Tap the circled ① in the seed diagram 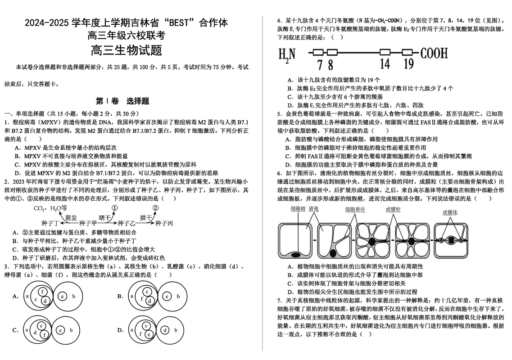click(114, 208)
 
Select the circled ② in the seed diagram click(155, 208)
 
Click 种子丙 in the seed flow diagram click(164, 223)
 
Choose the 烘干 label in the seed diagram click(145, 217)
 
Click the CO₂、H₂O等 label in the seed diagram click(50, 208)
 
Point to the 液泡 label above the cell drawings click(313, 209)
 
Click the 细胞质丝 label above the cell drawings click(356, 210)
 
